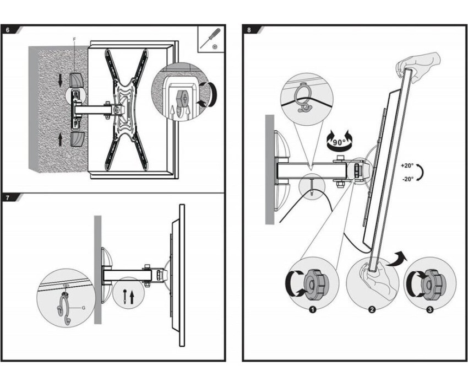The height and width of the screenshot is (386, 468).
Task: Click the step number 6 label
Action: pyautogui.click(x=8, y=30)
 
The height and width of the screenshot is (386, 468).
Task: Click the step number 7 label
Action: pyautogui.click(x=8, y=197)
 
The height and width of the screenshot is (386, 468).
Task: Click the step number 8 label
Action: pyautogui.click(x=249, y=30)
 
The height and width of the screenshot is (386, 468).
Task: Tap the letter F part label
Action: pyautogui.click(x=74, y=39)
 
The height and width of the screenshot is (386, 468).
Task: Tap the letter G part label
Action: pyautogui.click(x=84, y=307)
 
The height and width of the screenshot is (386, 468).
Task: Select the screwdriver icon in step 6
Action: pyautogui.click(x=211, y=37)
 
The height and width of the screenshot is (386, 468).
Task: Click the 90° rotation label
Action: pyautogui.click(x=339, y=142)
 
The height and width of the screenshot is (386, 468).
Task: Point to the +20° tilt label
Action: pyautogui.click(x=407, y=165)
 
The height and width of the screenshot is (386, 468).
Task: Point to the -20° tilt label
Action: pyautogui.click(x=407, y=179)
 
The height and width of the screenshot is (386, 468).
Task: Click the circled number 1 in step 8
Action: pyautogui.click(x=313, y=310)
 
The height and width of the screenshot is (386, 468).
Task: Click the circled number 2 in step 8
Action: pyautogui.click(x=372, y=310)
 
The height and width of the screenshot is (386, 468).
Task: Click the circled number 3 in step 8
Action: pyautogui.click(x=430, y=310)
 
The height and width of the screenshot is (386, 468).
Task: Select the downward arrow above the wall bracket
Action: pyautogui.click(x=61, y=79)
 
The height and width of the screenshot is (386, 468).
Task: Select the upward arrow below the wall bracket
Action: pyautogui.click(x=61, y=140)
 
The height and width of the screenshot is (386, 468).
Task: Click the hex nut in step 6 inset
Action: pyautogui.click(x=181, y=97)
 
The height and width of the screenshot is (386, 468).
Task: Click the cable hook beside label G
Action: pyautogui.click(x=64, y=308)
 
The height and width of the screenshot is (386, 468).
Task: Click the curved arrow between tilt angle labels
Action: pyautogui.click(x=421, y=172)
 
